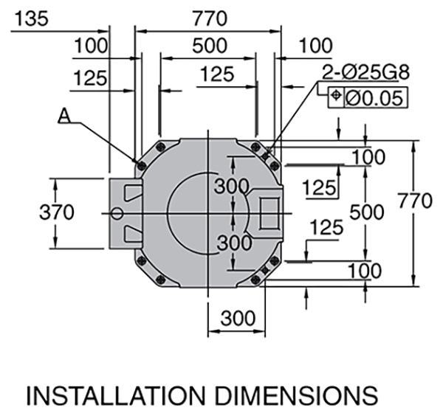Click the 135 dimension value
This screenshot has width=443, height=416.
(31, 18)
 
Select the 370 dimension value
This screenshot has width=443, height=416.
(57, 212)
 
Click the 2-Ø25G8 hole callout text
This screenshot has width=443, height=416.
(365, 72)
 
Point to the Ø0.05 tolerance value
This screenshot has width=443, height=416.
(374, 98)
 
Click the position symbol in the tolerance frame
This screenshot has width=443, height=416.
(336, 95)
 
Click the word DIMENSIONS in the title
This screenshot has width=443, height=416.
(297, 395)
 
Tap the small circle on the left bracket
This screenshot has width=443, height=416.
(117, 213)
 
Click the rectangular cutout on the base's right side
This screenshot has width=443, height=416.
(269, 213)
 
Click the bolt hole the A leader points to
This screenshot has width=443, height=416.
(141, 164)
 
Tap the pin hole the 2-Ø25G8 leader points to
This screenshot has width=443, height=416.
(265, 156)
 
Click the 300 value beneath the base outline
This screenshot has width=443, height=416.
(238, 319)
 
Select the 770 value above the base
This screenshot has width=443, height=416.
(210, 18)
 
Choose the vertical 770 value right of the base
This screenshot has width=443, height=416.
(415, 201)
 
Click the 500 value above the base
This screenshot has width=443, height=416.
(210, 46)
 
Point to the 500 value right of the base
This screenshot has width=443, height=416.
(367, 212)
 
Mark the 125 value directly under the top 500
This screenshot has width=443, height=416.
(217, 74)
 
